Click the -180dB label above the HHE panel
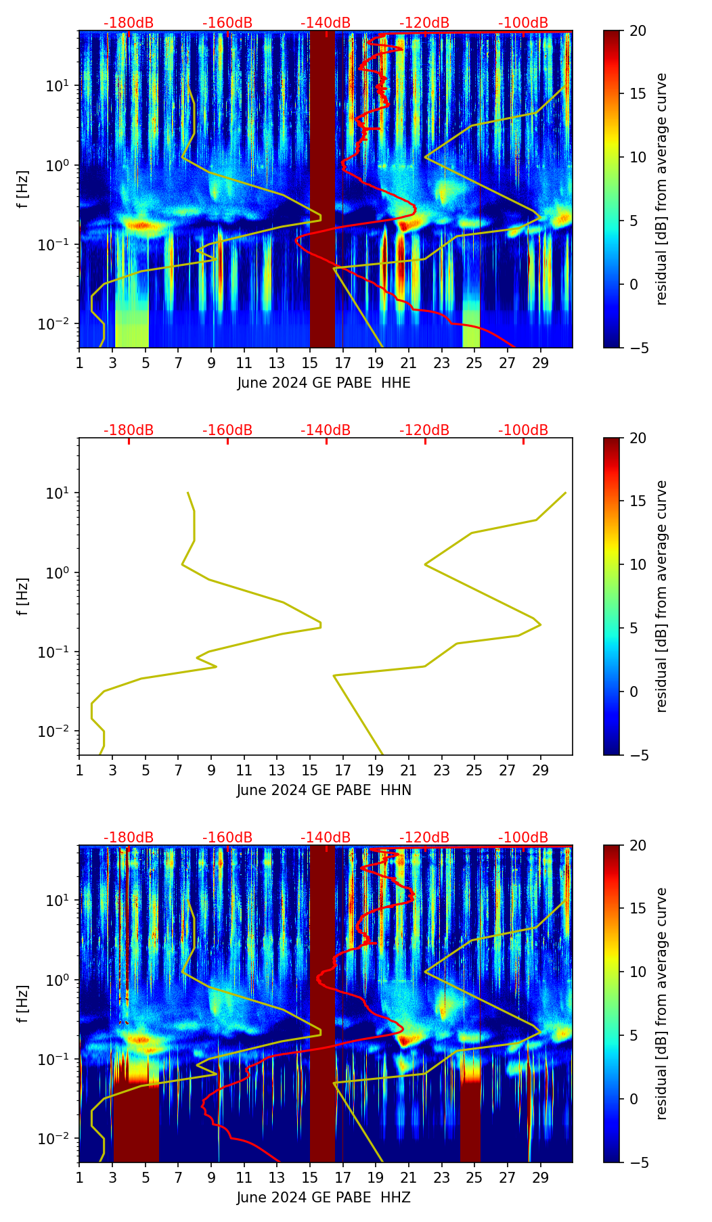(x=129, y=23)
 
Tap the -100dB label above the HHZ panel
(x=523, y=838)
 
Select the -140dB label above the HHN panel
(x=326, y=430)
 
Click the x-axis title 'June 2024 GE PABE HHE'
(x=324, y=383)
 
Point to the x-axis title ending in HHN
(x=324, y=790)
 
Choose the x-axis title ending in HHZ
(x=324, y=1198)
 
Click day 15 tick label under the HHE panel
(x=310, y=363)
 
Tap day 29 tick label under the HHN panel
(x=540, y=770)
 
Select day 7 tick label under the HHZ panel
(x=178, y=1177)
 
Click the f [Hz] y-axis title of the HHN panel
(x=23, y=596)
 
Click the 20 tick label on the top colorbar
(x=638, y=31)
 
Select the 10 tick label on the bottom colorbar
(x=638, y=972)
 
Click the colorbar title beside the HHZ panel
(x=661, y=1003)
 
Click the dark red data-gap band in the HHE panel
(x=322, y=189)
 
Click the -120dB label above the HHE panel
(x=424, y=23)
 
